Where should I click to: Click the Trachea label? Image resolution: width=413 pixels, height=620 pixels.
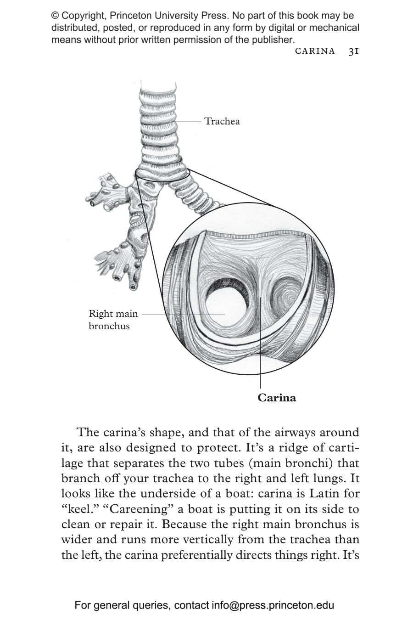tap(222, 121)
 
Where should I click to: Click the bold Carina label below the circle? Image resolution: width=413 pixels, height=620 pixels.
tap(276, 398)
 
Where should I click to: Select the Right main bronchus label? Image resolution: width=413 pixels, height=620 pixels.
tap(113, 320)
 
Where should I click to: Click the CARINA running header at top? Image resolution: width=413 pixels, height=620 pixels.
tap(315, 51)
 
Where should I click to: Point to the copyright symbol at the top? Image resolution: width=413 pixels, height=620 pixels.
tap(55, 16)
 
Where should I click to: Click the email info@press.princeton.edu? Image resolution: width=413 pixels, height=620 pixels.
tap(273, 605)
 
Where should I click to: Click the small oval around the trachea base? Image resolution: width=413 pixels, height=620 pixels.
tap(162, 174)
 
